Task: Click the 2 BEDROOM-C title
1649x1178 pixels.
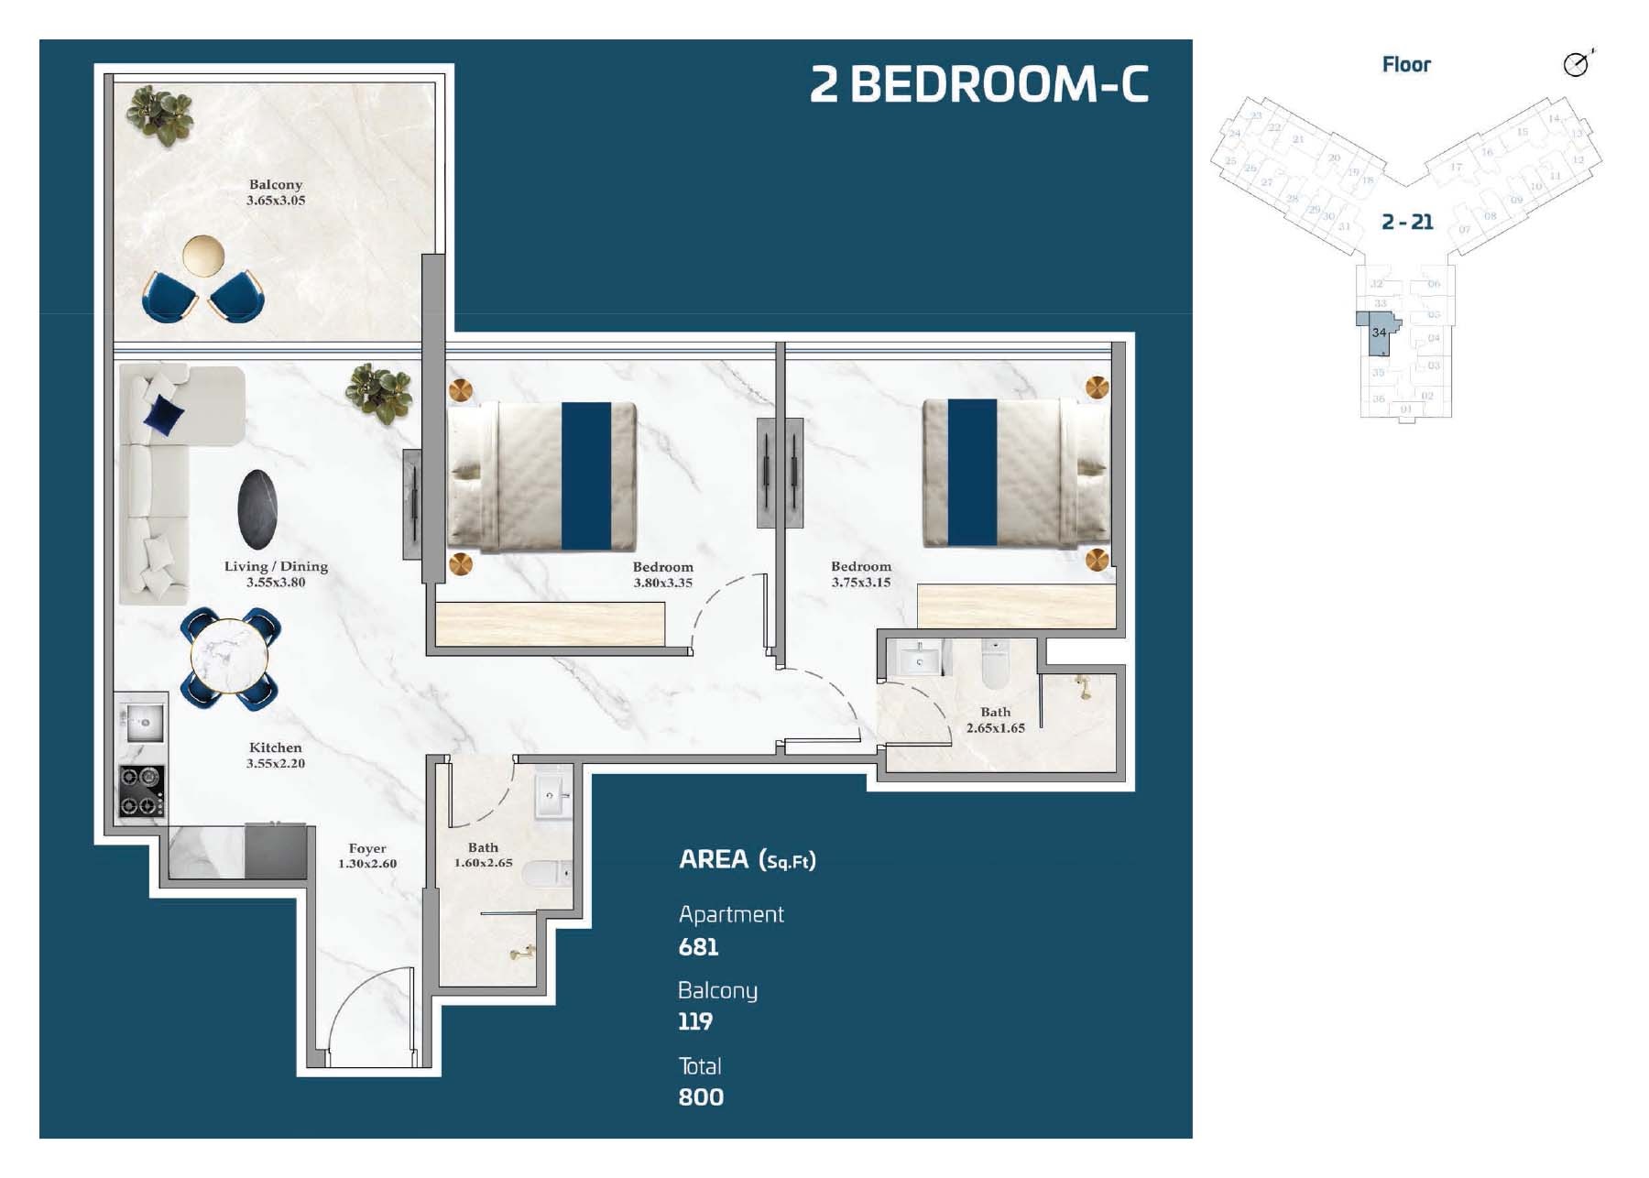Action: (x=978, y=84)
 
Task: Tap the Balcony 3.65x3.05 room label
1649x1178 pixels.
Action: (x=276, y=192)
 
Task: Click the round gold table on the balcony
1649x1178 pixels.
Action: (x=202, y=256)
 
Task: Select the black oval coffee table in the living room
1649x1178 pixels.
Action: (x=257, y=509)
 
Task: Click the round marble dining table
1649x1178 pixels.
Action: (x=229, y=657)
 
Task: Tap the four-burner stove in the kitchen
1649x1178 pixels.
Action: (x=142, y=791)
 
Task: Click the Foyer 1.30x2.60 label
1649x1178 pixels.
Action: (x=367, y=856)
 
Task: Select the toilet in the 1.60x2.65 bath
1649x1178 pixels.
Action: (x=547, y=874)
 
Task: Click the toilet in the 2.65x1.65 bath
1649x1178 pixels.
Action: (x=994, y=665)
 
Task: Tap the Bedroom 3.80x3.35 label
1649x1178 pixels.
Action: (x=662, y=574)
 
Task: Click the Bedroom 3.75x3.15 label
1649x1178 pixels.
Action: (x=860, y=574)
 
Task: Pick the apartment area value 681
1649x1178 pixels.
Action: (x=698, y=947)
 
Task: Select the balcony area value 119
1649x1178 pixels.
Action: (x=694, y=1021)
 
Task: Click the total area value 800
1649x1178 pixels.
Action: (x=701, y=1097)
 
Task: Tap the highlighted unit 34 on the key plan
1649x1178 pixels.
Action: (x=1378, y=334)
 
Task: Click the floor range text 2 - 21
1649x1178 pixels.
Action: (x=1407, y=222)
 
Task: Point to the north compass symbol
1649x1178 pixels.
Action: (x=1576, y=64)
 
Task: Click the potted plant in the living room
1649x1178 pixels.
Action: (x=378, y=393)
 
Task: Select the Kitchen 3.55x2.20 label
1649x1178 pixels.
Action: (x=276, y=755)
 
